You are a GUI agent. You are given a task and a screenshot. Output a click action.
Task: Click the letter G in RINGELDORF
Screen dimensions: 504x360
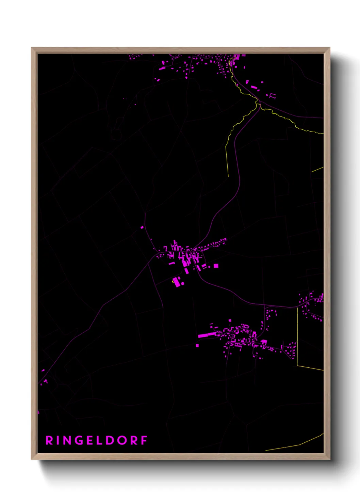78,441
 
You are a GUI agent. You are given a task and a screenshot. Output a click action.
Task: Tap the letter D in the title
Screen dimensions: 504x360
110,441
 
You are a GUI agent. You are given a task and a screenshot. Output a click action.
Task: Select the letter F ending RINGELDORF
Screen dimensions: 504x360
144,441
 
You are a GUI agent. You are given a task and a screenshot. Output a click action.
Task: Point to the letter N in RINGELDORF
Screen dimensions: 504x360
66,441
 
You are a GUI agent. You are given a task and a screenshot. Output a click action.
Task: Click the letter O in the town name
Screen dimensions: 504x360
122,441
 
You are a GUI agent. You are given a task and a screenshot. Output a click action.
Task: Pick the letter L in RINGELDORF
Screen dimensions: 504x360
100,441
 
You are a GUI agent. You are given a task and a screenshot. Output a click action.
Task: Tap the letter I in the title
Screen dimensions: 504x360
57,441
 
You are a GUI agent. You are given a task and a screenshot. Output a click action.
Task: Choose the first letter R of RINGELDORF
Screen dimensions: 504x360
49,441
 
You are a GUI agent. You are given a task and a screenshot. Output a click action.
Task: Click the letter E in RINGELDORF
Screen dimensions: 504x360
90,441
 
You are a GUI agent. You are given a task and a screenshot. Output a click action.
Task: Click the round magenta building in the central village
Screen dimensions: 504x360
183,283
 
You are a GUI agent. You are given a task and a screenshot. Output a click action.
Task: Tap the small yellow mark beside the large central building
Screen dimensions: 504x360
173,281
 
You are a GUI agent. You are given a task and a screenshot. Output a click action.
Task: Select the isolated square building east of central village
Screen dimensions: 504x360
216,266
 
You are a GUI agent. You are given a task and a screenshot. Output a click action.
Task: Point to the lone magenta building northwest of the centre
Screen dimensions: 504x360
142,227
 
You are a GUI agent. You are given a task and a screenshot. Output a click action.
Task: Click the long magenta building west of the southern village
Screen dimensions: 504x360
207,335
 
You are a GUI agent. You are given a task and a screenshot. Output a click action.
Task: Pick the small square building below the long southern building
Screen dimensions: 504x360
197,346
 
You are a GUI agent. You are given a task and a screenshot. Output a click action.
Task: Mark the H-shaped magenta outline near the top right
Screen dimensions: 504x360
272,96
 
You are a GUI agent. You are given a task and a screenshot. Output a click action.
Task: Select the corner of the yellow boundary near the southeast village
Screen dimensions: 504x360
298,366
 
